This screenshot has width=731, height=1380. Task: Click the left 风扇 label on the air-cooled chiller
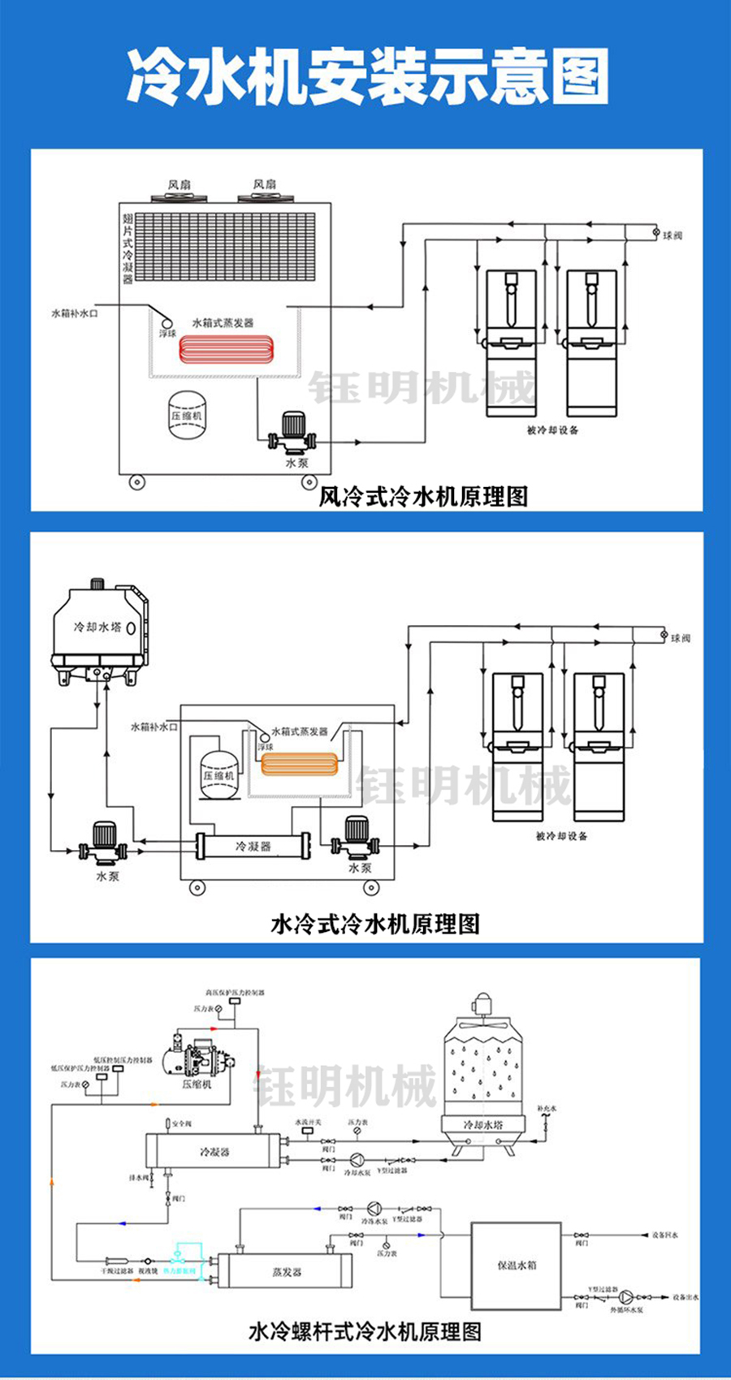tap(178, 185)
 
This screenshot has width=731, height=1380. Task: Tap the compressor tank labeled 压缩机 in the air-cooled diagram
tap(186, 415)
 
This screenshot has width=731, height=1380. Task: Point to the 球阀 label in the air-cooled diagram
tap(673, 235)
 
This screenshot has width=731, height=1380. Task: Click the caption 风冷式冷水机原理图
tap(423, 496)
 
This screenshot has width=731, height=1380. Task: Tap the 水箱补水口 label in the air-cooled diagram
tap(75, 313)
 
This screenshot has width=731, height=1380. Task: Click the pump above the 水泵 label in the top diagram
tap(294, 433)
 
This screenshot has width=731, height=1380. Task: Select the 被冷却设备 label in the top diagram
tap(552, 430)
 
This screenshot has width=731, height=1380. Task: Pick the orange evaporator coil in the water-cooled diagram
tap(298, 765)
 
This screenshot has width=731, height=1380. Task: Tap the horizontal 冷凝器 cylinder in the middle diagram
tap(253, 846)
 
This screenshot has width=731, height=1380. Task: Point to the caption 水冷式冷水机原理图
tap(374, 924)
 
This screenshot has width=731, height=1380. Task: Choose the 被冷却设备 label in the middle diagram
tap(561, 835)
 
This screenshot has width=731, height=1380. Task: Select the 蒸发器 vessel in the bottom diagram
tap(286, 1271)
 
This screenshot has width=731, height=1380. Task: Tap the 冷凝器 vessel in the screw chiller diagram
tap(214, 1151)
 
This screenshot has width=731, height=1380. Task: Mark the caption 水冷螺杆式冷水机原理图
tap(365, 1332)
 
